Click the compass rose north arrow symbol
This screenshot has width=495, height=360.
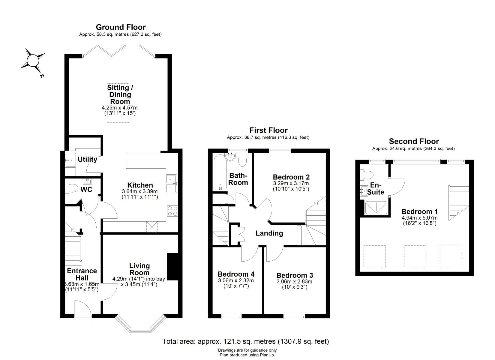pyautogui.click(x=33, y=61)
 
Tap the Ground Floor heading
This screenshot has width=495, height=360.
pyautogui.click(x=121, y=27)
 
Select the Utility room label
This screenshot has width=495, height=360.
pyautogui.click(x=88, y=159)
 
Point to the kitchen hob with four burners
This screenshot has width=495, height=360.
pyautogui.click(x=173, y=211)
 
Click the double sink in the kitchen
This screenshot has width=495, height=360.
pyautogui.click(x=172, y=184)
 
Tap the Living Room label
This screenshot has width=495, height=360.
pyautogui.click(x=139, y=269)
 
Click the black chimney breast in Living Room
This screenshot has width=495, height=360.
pyautogui.click(x=173, y=267)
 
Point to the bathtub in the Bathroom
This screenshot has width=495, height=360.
pyautogui.click(x=220, y=172)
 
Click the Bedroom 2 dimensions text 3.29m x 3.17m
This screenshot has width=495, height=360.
pyautogui.click(x=291, y=183)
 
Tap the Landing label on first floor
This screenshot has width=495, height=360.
pyautogui.click(x=269, y=233)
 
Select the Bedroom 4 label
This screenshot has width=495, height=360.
pyautogui.click(x=236, y=274)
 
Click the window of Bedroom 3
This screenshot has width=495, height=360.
pyautogui.click(x=295, y=317)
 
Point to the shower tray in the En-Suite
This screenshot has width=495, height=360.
pyautogui.click(x=376, y=208)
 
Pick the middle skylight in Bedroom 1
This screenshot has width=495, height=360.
pyautogui.click(x=415, y=256)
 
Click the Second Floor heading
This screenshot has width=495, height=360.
pyautogui.click(x=414, y=141)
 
